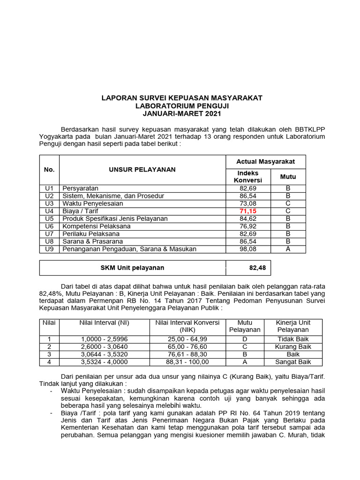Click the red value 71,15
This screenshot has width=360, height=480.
[x=247, y=211]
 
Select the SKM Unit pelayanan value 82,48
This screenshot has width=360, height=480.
[x=257, y=268]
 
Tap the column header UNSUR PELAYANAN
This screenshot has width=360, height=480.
[x=142, y=170]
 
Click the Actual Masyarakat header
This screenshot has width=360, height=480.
[x=266, y=161]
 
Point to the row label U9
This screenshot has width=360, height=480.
[x=49, y=249]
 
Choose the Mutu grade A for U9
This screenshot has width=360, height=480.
[x=288, y=249]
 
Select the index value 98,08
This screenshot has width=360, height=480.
[x=247, y=249]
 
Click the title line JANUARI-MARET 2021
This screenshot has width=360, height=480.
[x=182, y=113]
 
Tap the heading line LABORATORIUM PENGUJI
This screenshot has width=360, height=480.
[x=182, y=105]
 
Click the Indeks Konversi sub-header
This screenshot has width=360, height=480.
[x=247, y=177]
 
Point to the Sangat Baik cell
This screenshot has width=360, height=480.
[x=293, y=362]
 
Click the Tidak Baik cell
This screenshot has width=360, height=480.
[x=293, y=338]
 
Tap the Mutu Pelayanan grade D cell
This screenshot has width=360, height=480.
[x=245, y=338]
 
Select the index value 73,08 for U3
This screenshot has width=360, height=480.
[x=247, y=203]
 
